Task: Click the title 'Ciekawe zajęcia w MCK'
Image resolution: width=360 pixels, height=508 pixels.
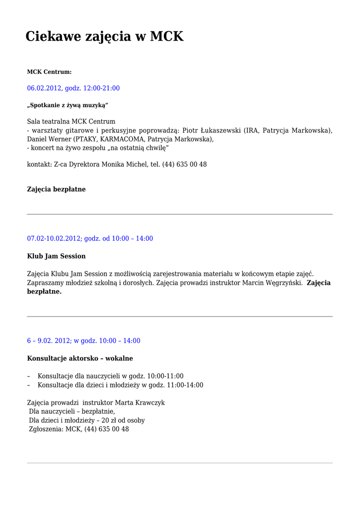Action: click(x=104, y=36)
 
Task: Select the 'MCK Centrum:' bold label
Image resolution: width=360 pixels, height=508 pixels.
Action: click(x=49, y=72)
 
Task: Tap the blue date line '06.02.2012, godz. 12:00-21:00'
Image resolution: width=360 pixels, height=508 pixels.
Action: click(x=73, y=88)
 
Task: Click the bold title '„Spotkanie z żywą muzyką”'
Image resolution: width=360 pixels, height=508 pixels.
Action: click(x=68, y=105)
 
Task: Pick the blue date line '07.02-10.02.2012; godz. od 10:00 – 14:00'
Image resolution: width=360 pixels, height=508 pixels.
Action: click(x=90, y=239)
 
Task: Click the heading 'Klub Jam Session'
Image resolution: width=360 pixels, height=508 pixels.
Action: click(x=56, y=256)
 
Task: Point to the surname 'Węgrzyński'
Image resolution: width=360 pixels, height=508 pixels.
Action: click(x=282, y=283)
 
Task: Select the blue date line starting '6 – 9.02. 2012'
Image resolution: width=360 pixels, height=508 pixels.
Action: click(x=83, y=341)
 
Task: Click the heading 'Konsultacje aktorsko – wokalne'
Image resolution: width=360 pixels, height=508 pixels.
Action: click(x=80, y=358)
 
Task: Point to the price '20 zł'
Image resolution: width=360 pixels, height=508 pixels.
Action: click(x=105, y=421)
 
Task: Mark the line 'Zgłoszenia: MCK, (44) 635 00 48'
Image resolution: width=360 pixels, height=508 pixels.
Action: click(x=78, y=429)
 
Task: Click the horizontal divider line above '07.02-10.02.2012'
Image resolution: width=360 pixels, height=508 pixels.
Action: click(x=180, y=214)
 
